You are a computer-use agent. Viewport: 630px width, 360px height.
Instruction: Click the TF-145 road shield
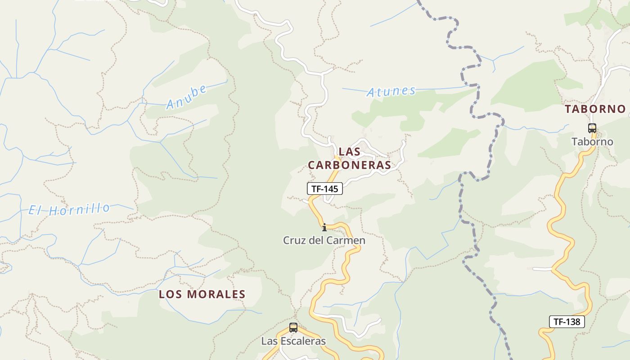point(325,189)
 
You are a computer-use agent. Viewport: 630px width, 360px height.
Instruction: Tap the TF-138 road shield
point(567,322)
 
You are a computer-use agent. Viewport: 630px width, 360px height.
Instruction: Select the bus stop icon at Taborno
point(592,128)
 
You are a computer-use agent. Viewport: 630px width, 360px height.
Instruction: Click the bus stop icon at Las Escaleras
point(293,328)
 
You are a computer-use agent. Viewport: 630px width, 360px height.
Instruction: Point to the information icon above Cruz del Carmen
point(324,226)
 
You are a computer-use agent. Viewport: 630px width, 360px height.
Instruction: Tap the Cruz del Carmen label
point(324,240)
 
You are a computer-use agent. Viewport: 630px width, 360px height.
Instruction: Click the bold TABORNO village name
point(595,109)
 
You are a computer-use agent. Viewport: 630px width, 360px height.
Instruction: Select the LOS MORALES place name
point(202,294)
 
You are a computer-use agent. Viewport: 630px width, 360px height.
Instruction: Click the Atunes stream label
point(391,91)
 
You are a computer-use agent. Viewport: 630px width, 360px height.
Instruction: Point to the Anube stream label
point(186,97)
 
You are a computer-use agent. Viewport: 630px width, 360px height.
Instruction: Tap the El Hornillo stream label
point(69,209)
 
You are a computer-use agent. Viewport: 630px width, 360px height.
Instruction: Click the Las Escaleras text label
point(293,341)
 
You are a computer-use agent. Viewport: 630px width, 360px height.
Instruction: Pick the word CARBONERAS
point(350,165)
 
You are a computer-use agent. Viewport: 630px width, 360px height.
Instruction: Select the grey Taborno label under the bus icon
point(592,142)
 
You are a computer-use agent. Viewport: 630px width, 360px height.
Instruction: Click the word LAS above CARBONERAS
point(349,152)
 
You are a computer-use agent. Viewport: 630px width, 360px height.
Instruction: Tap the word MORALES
point(216,294)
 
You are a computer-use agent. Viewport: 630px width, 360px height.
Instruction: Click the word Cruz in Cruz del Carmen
point(292,240)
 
